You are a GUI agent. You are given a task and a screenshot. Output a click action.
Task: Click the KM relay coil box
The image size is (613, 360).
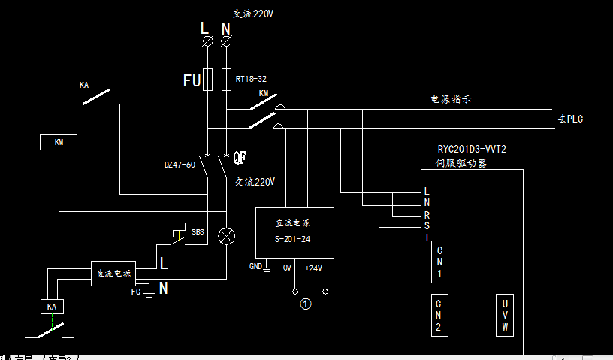59,142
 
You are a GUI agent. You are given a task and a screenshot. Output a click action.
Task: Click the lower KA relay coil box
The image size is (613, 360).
51,307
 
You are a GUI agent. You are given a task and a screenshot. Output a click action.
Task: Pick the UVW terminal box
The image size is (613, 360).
505,316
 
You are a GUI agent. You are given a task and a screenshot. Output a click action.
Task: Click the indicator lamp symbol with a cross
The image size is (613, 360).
225,236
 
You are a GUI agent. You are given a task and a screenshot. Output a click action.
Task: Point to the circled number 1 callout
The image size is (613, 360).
306,304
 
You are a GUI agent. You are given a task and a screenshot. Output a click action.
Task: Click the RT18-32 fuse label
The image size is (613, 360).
251,77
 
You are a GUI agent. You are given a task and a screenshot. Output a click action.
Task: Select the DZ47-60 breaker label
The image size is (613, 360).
180,164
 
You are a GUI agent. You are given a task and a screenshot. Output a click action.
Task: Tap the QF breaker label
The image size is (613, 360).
240,158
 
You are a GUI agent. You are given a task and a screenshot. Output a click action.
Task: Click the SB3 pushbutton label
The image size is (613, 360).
198,232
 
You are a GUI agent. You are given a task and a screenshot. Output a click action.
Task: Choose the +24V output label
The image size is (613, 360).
313,268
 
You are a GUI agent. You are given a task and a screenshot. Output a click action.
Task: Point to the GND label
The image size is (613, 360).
255,266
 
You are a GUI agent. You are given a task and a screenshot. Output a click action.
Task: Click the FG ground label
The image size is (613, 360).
136,291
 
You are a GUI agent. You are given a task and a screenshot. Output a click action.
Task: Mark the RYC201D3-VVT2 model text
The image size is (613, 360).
472,149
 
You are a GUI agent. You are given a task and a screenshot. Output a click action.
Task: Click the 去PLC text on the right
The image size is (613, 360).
571,119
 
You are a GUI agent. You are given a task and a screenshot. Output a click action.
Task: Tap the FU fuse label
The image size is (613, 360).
192,80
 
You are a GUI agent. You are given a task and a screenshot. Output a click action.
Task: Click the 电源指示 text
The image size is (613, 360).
450,99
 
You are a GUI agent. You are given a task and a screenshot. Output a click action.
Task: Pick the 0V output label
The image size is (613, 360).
286,268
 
